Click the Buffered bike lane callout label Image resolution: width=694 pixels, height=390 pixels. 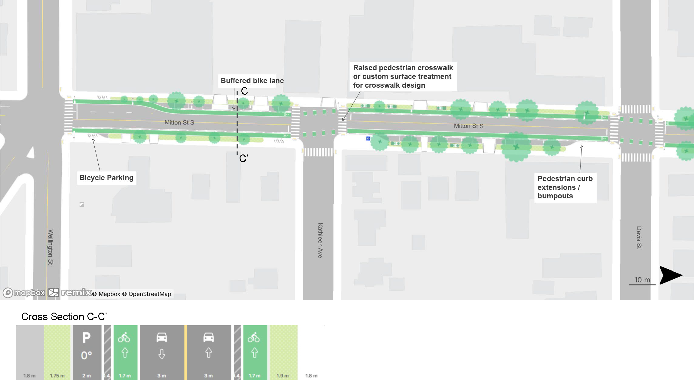[252, 81]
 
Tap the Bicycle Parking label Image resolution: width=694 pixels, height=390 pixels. [106, 178]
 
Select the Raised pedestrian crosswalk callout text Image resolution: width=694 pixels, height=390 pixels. [403, 76]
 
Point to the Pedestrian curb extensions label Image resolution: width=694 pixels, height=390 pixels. [565, 187]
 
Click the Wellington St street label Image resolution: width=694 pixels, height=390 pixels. [51, 247]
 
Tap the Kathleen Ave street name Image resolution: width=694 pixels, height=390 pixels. [320, 240]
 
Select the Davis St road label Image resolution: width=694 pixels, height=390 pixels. [639, 237]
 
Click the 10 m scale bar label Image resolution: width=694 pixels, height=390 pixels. [642, 280]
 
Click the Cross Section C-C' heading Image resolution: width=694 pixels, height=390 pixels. [64, 317]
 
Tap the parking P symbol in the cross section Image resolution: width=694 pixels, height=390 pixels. [86, 338]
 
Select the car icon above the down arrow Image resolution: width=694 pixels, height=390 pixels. [162, 337]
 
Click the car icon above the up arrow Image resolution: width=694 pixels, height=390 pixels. [208, 337]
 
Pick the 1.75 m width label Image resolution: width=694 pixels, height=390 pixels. [57, 376]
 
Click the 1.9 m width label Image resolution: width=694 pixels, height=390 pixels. [283, 376]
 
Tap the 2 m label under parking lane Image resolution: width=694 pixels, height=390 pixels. [87, 376]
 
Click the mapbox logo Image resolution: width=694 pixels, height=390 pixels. [24, 293]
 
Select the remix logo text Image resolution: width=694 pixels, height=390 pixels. [76, 292]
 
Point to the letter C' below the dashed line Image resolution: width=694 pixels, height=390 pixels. [244, 158]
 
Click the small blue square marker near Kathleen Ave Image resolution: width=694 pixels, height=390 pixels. [368, 138]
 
